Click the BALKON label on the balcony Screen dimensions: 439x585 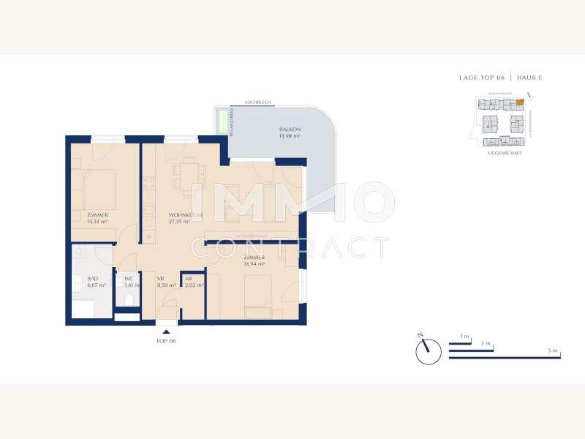click(290, 130)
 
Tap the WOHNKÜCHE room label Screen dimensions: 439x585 click(165, 214)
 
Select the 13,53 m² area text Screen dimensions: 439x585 click(97, 220)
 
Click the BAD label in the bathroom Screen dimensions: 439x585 click(92, 279)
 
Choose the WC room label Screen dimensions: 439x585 click(129, 279)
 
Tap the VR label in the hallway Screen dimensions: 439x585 click(160, 279)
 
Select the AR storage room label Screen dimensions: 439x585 click(189, 279)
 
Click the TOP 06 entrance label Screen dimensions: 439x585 click(166, 341)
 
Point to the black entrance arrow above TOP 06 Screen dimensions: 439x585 click(166, 332)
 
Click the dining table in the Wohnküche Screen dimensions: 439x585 click(189, 173)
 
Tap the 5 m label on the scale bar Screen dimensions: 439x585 click(552, 351)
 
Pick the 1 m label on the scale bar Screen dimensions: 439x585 click(464, 336)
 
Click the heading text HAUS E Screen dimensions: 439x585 click(529, 78)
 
